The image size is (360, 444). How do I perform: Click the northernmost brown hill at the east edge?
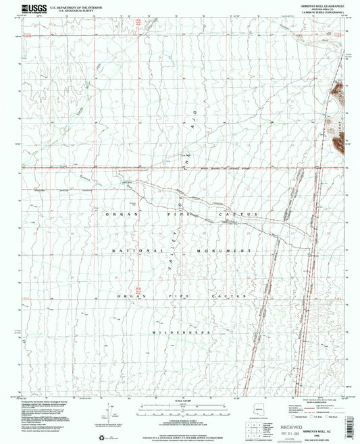coord(338,86)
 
